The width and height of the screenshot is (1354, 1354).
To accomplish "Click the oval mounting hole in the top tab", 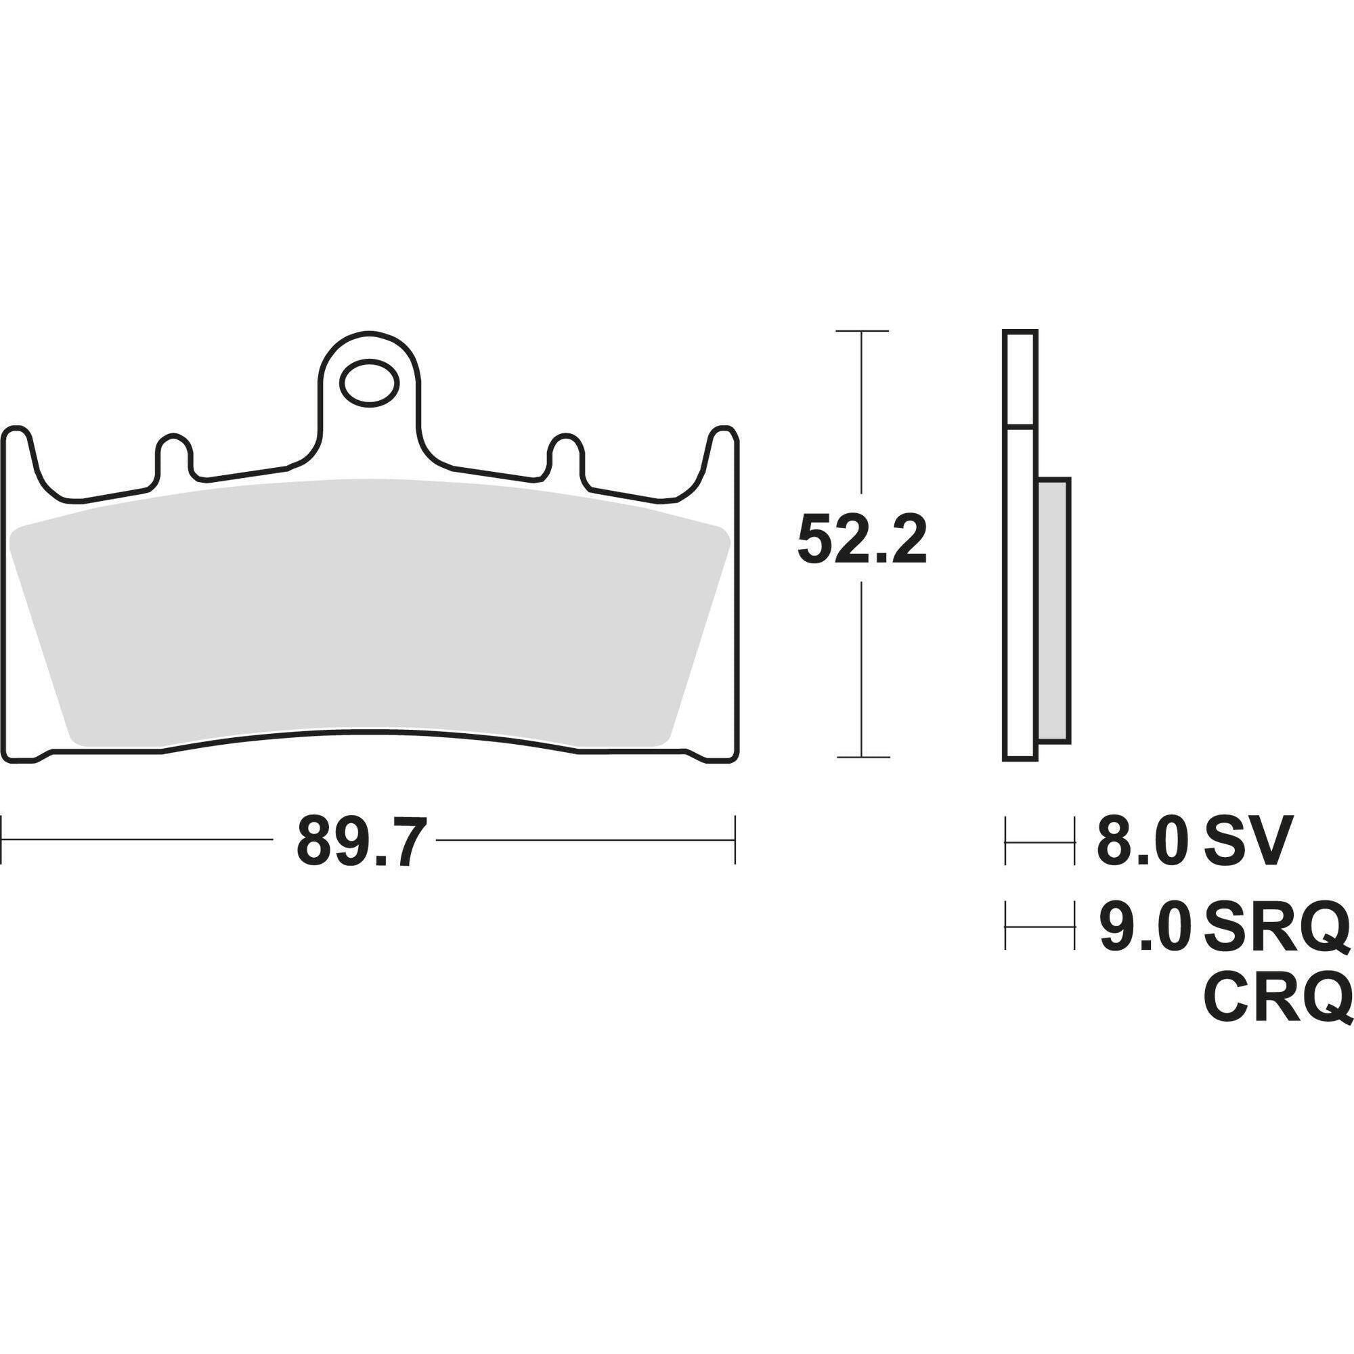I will (369, 383).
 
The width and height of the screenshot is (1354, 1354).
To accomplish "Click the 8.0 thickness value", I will (1141, 840).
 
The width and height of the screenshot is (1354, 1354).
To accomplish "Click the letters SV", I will (1246, 840).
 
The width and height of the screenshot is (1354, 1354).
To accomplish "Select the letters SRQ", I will (1275, 925).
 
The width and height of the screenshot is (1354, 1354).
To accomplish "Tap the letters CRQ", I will (1275, 997).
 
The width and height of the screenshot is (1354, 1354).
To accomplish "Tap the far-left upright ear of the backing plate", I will (19, 456).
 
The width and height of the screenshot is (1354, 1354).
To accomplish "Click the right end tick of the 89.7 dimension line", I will (735, 839).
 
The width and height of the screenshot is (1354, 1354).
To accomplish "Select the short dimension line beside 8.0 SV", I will (1039, 840).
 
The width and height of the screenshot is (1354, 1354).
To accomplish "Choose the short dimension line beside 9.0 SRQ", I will (1039, 925).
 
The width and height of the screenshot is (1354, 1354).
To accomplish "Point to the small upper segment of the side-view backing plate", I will (1020, 378).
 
